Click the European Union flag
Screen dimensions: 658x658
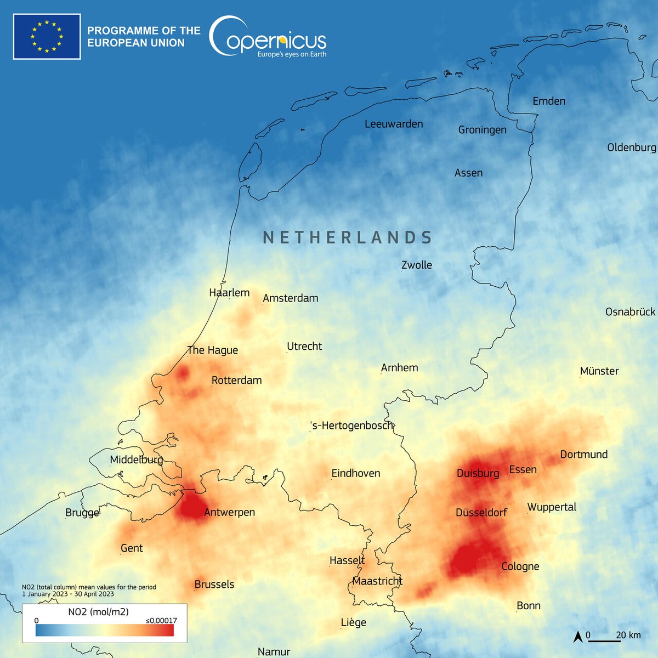[x=47, y=37]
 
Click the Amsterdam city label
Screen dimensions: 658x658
[x=291, y=298]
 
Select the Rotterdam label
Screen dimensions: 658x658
[x=237, y=381]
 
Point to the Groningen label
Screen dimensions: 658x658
[x=483, y=130]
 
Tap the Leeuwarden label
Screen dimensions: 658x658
[x=394, y=124]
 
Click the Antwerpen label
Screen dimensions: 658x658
[x=229, y=512]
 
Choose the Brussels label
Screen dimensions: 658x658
[x=214, y=585]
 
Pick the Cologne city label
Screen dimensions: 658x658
[x=520, y=566]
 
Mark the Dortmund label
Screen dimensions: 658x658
[x=584, y=455]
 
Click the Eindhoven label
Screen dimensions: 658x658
[x=356, y=473]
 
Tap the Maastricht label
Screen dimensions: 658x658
[x=377, y=581]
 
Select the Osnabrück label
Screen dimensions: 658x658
[x=631, y=312]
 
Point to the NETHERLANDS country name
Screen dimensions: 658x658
[x=348, y=237]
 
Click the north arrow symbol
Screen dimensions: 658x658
[x=577, y=637]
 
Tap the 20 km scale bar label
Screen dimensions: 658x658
[x=628, y=635]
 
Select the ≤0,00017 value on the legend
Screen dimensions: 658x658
[x=161, y=621]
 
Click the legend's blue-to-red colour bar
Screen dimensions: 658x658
[x=105, y=631]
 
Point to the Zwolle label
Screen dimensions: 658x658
[x=417, y=265]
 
